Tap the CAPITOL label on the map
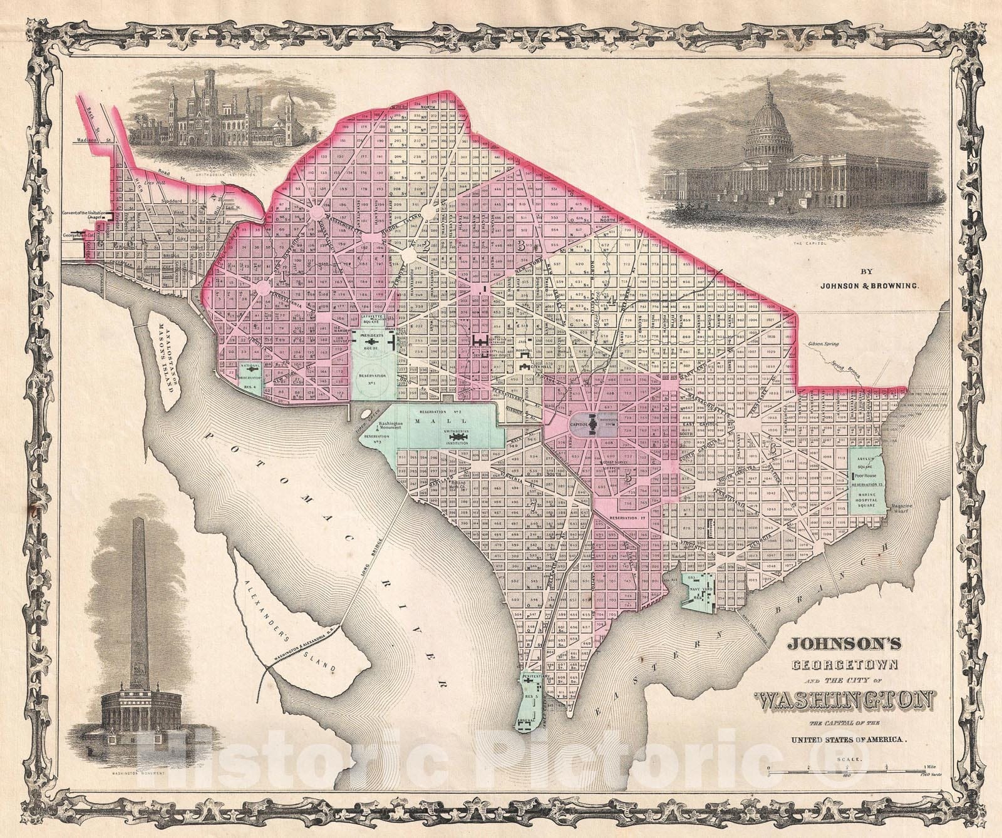tap(582, 424)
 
